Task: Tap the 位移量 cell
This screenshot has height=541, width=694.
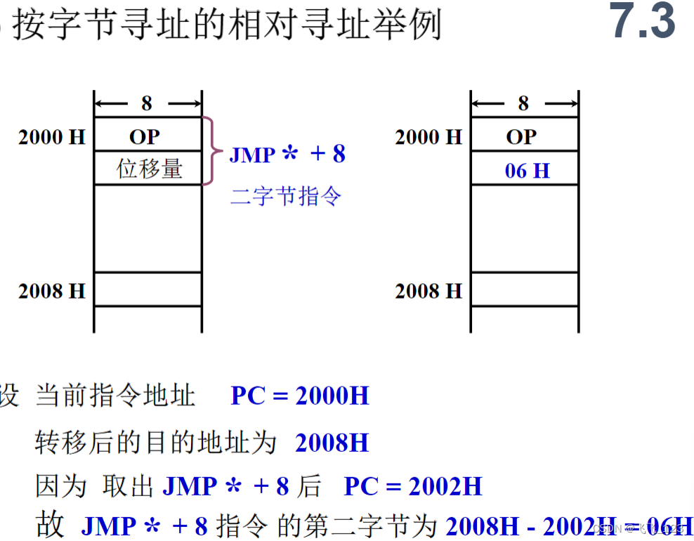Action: [149, 169]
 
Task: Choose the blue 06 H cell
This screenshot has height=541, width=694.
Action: [527, 170]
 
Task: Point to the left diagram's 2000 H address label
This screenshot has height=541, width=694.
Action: [51, 137]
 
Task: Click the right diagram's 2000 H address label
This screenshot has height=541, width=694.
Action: [428, 137]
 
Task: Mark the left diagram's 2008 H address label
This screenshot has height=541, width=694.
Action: [51, 290]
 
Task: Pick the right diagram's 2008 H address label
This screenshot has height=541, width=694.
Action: [428, 290]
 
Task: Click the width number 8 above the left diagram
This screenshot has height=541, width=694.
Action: [146, 104]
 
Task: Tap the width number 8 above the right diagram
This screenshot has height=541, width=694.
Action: [523, 104]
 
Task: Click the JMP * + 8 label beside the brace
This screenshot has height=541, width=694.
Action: [287, 154]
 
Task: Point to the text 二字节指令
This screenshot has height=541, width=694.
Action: [286, 195]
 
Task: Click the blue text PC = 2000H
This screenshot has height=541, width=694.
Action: [300, 396]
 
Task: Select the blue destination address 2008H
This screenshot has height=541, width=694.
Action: [332, 443]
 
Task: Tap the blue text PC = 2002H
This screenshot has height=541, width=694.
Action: [413, 486]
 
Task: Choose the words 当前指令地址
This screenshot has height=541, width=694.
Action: [115, 396]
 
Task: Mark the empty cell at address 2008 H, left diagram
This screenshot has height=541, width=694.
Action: [148, 289]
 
